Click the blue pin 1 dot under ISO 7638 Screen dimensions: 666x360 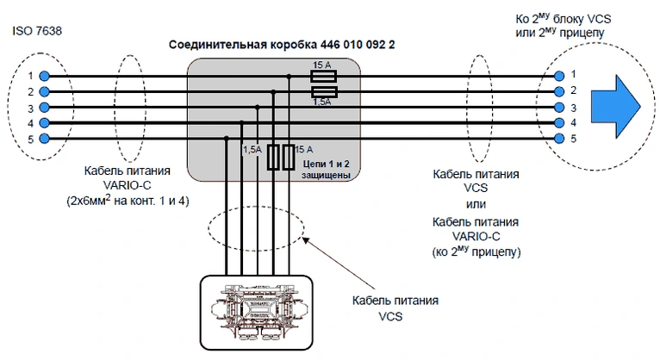[x=44, y=76]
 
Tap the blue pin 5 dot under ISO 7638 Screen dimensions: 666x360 [x=44, y=139]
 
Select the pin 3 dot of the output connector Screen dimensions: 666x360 [x=559, y=107]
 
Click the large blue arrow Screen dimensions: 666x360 [x=616, y=107]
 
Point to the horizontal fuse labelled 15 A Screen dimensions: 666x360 [x=324, y=77]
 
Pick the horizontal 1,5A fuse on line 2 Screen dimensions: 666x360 [x=324, y=91]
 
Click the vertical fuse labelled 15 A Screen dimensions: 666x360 [x=289, y=158]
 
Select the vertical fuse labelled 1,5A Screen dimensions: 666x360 [x=273, y=158]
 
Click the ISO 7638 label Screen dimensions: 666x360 [x=37, y=31]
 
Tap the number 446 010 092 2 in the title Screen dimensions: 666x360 [x=358, y=45]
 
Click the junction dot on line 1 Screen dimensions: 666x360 [x=289, y=77]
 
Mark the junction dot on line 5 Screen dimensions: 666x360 [x=227, y=138]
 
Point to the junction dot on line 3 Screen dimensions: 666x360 [x=258, y=108]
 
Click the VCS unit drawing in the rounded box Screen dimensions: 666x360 [x=256, y=312]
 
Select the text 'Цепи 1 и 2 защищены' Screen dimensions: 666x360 [x=326, y=170]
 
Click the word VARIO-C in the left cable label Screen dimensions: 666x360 [x=127, y=185]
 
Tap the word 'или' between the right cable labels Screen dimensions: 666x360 [x=476, y=204]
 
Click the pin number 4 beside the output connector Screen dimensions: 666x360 [x=574, y=122]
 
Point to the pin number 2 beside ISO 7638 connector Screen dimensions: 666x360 [x=30, y=91]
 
